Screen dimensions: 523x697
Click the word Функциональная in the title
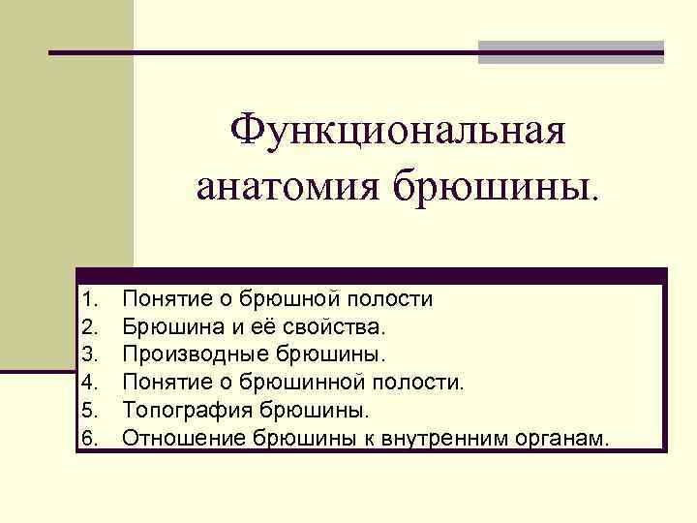[399, 131]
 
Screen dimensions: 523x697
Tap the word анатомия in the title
[281, 185]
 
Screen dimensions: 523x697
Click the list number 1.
[91, 299]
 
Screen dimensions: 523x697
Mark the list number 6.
[91, 439]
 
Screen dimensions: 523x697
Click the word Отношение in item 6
[183, 439]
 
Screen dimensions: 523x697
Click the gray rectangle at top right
[571, 52]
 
